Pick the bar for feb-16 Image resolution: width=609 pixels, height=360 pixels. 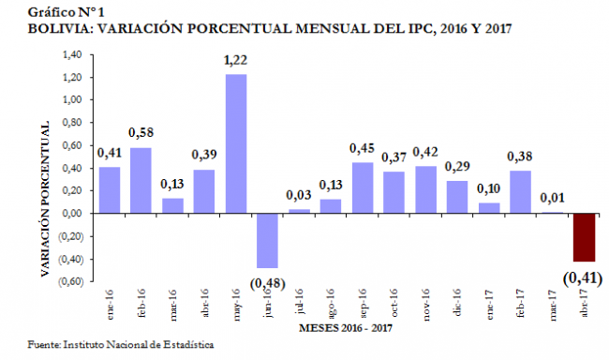pyautogui.click(x=141, y=180)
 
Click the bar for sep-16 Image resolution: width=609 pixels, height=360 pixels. pyautogui.click(x=362, y=187)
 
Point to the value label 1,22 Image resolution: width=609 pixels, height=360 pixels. pyautogui.click(x=235, y=61)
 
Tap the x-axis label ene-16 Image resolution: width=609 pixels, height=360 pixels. pyautogui.click(x=111, y=303)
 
